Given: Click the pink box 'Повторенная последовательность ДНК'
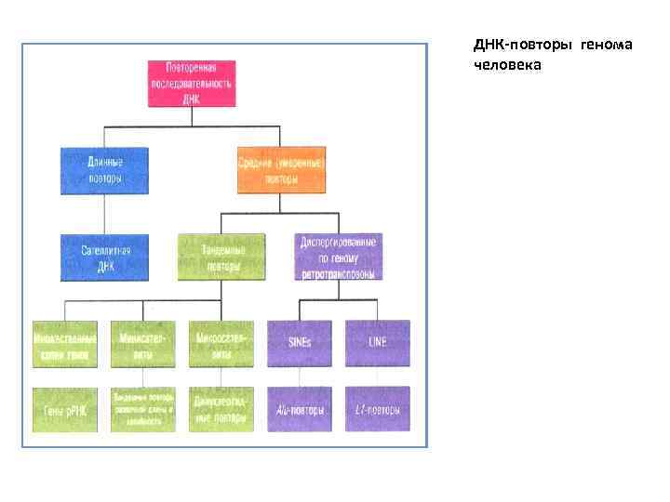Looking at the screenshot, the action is point(192,84).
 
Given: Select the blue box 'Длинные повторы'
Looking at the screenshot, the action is point(104,169).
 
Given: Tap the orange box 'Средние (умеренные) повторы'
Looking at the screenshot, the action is point(280,169).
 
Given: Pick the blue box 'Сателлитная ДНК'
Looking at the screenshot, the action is point(104,257).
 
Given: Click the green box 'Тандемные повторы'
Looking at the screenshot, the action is point(221,257).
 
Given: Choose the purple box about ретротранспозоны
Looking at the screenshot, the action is point(338,257).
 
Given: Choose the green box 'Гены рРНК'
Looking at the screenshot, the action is point(64,409).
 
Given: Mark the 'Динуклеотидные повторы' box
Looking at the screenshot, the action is point(221,409).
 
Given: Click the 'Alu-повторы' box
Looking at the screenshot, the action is point(299,409).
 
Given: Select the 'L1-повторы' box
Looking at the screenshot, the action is point(377,409).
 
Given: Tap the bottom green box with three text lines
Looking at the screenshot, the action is point(142,409).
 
